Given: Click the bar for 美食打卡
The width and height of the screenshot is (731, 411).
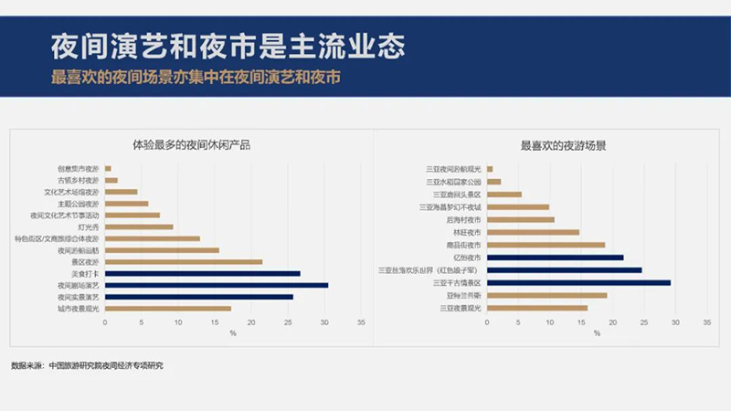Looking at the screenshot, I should (x=202, y=273).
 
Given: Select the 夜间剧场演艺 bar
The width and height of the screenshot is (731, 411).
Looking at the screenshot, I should (x=217, y=285).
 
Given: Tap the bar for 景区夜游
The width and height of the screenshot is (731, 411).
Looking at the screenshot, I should (x=183, y=262).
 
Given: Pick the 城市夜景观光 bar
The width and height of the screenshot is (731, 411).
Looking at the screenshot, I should (x=167, y=309).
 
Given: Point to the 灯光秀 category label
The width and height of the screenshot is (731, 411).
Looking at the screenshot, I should (x=89, y=227).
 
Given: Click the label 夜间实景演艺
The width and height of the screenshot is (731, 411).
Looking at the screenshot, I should (x=78, y=297).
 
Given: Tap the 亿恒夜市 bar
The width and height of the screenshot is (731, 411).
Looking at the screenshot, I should (x=557, y=258).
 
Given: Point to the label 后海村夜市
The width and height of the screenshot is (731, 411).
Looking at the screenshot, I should (x=464, y=219).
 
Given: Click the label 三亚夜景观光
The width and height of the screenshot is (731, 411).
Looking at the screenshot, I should (x=461, y=308).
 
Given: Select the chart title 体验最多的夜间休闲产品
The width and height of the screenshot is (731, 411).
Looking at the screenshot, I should (x=191, y=144).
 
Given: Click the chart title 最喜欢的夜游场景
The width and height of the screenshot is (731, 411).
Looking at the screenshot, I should (x=564, y=144).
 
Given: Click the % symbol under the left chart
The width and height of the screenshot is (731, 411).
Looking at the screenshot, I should (x=233, y=333).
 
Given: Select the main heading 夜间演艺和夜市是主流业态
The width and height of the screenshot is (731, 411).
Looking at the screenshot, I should (x=228, y=43).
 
